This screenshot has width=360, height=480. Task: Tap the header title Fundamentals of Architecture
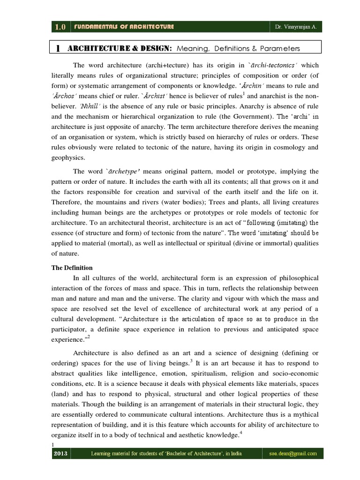click(x=123, y=27)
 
